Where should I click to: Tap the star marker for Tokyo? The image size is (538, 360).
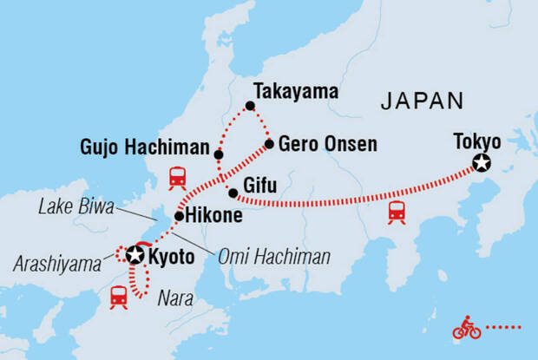[x=480, y=162]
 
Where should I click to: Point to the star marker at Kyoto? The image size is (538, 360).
[x=134, y=255]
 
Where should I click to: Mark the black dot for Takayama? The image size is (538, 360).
[x=250, y=106]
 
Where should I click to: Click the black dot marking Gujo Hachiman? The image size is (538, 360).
[x=219, y=154]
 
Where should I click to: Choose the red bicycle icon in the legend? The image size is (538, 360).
[x=466, y=329]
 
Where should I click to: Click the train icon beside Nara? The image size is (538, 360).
[x=119, y=297]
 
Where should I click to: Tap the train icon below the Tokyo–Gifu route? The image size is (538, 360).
[x=397, y=210]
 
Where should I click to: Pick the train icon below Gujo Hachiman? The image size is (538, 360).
[x=178, y=178]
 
